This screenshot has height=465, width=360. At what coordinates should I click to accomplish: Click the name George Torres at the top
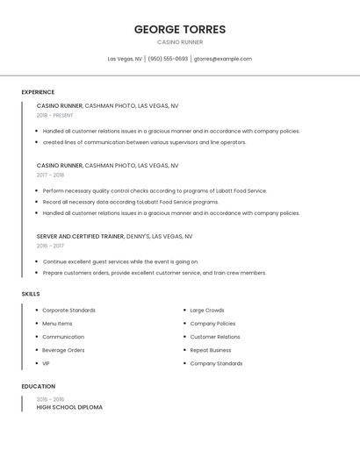pyautogui.click(x=180, y=29)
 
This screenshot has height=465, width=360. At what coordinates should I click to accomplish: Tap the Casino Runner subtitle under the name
pyautogui.click(x=180, y=42)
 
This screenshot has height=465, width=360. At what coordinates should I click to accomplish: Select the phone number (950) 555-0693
pyautogui.click(x=168, y=59)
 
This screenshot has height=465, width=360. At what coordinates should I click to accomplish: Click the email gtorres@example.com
pyautogui.click(x=223, y=59)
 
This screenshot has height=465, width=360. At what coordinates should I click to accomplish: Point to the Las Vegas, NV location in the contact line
pyautogui.click(x=125, y=59)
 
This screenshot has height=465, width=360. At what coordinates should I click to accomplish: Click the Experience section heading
pyautogui.click(x=38, y=92)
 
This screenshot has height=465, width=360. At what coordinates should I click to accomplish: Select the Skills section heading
pyautogui.click(x=31, y=294)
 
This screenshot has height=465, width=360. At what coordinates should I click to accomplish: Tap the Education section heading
pyautogui.click(x=39, y=386)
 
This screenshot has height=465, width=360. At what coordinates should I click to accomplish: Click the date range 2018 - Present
pyautogui.click(x=55, y=115)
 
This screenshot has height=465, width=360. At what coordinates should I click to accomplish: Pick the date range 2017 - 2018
pyautogui.click(x=50, y=175)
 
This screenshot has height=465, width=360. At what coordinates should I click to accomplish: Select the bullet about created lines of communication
pyautogui.click(x=144, y=142)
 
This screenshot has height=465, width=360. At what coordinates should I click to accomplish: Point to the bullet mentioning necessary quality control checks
pyautogui.click(x=155, y=190)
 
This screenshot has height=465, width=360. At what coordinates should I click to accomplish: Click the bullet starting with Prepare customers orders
pyautogui.click(x=155, y=273)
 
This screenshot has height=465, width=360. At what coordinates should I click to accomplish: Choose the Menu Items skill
pyautogui.click(x=58, y=324)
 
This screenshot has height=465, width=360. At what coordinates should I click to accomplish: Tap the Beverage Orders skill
pyautogui.click(x=63, y=350)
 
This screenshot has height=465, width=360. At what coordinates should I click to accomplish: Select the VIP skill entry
pyautogui.click(x=47, y=363)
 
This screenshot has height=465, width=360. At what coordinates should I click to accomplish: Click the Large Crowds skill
pyautogui.click(x=207, y=311)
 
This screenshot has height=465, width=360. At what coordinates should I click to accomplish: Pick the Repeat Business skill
pyautogui.click(x=212, y=350)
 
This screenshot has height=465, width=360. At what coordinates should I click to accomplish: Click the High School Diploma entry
pyautogui.click(x=69, y=407)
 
